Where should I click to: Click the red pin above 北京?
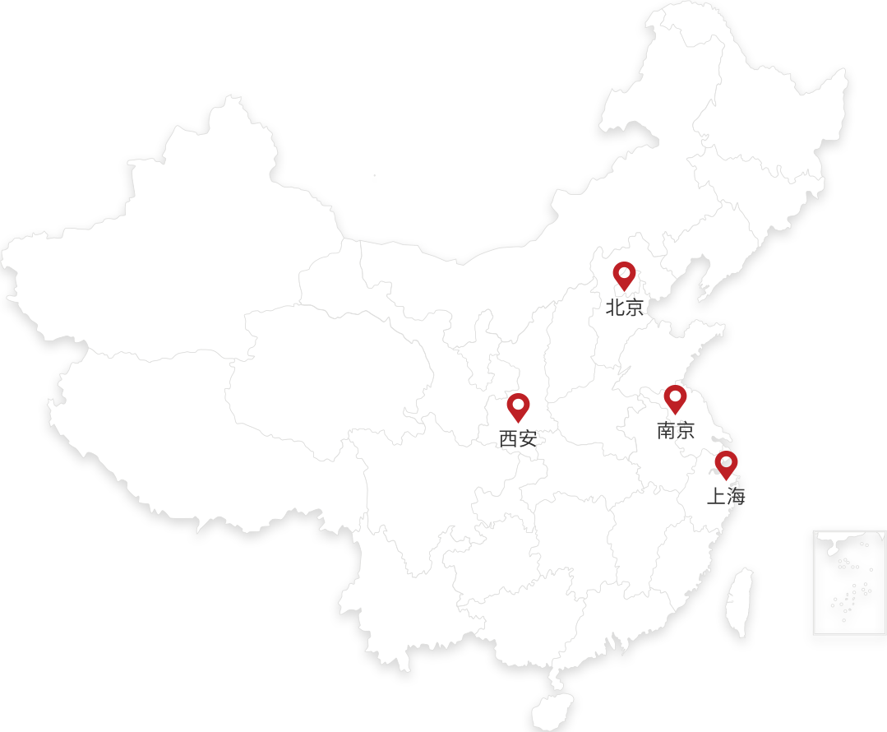(624, 274)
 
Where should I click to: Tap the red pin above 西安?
(518, 405)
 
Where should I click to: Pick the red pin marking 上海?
(726, 463)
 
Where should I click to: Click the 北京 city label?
(625, 308)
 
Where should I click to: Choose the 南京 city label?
(676, 430)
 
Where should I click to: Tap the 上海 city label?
(727, 497)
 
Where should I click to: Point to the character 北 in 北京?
(615, 308)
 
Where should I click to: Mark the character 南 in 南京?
(666, 430)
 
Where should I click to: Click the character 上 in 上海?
(717, 497)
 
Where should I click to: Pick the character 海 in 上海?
(737, 497)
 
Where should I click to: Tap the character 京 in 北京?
(635, 308)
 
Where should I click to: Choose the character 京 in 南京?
(686, 430)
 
